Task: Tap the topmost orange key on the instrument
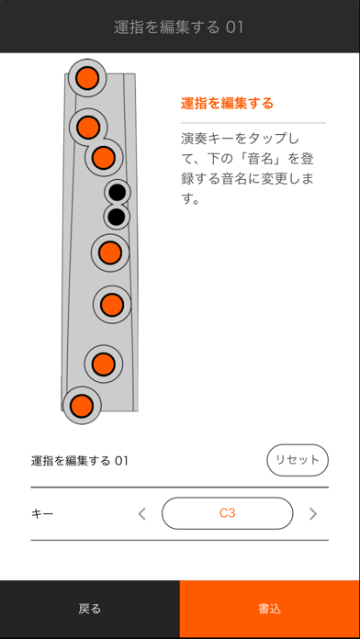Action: (87, 78)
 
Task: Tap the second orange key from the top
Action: (88, 127)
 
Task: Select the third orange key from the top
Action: (103, 157)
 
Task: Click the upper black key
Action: (118, 192)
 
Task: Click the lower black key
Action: (117, 217)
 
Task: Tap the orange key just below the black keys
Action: (109, 252)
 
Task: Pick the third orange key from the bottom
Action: (112, 305)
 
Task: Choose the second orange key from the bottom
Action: (103, 364)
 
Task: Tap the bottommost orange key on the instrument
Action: (82, 405)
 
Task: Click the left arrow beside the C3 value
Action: (141, 514)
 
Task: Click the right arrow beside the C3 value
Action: (313, 514)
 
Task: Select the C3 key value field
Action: (228, 513)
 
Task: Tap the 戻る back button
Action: (90, 610)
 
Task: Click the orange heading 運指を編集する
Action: (227, 103)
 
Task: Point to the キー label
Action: (42, 514)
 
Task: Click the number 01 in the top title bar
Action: (234, 28)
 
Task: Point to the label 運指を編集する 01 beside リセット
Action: (80, 461)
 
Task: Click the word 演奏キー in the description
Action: (208, 139)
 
